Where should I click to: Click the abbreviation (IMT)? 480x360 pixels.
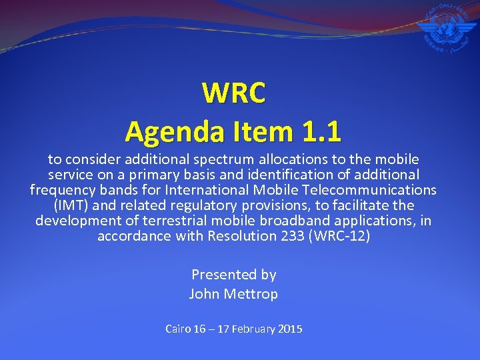70,205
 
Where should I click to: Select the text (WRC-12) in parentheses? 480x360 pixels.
340,236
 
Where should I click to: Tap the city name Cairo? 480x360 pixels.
177,329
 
